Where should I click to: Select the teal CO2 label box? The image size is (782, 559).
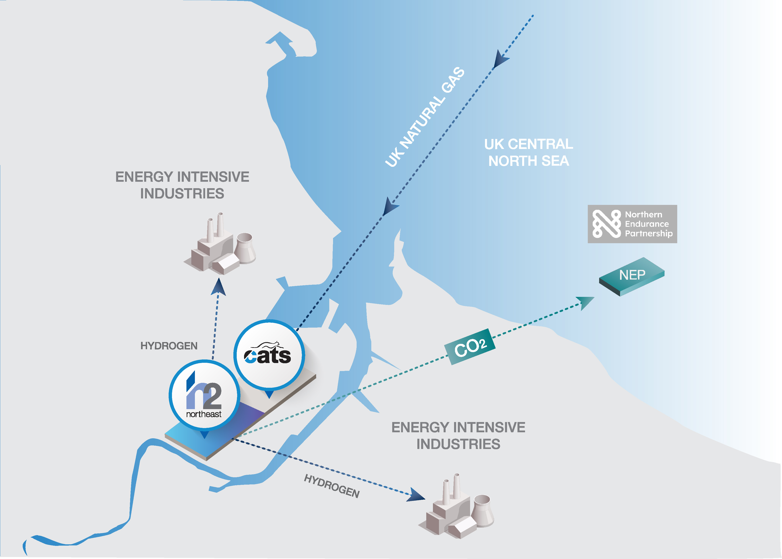pos(470,346)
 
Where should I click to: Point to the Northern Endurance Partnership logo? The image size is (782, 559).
pos(632,224)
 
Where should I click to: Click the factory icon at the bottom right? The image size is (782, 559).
pos(456,506)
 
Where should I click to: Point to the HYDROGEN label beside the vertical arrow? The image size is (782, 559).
pos(169,346)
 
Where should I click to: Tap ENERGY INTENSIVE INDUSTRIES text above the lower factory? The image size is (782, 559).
pos(458,435)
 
